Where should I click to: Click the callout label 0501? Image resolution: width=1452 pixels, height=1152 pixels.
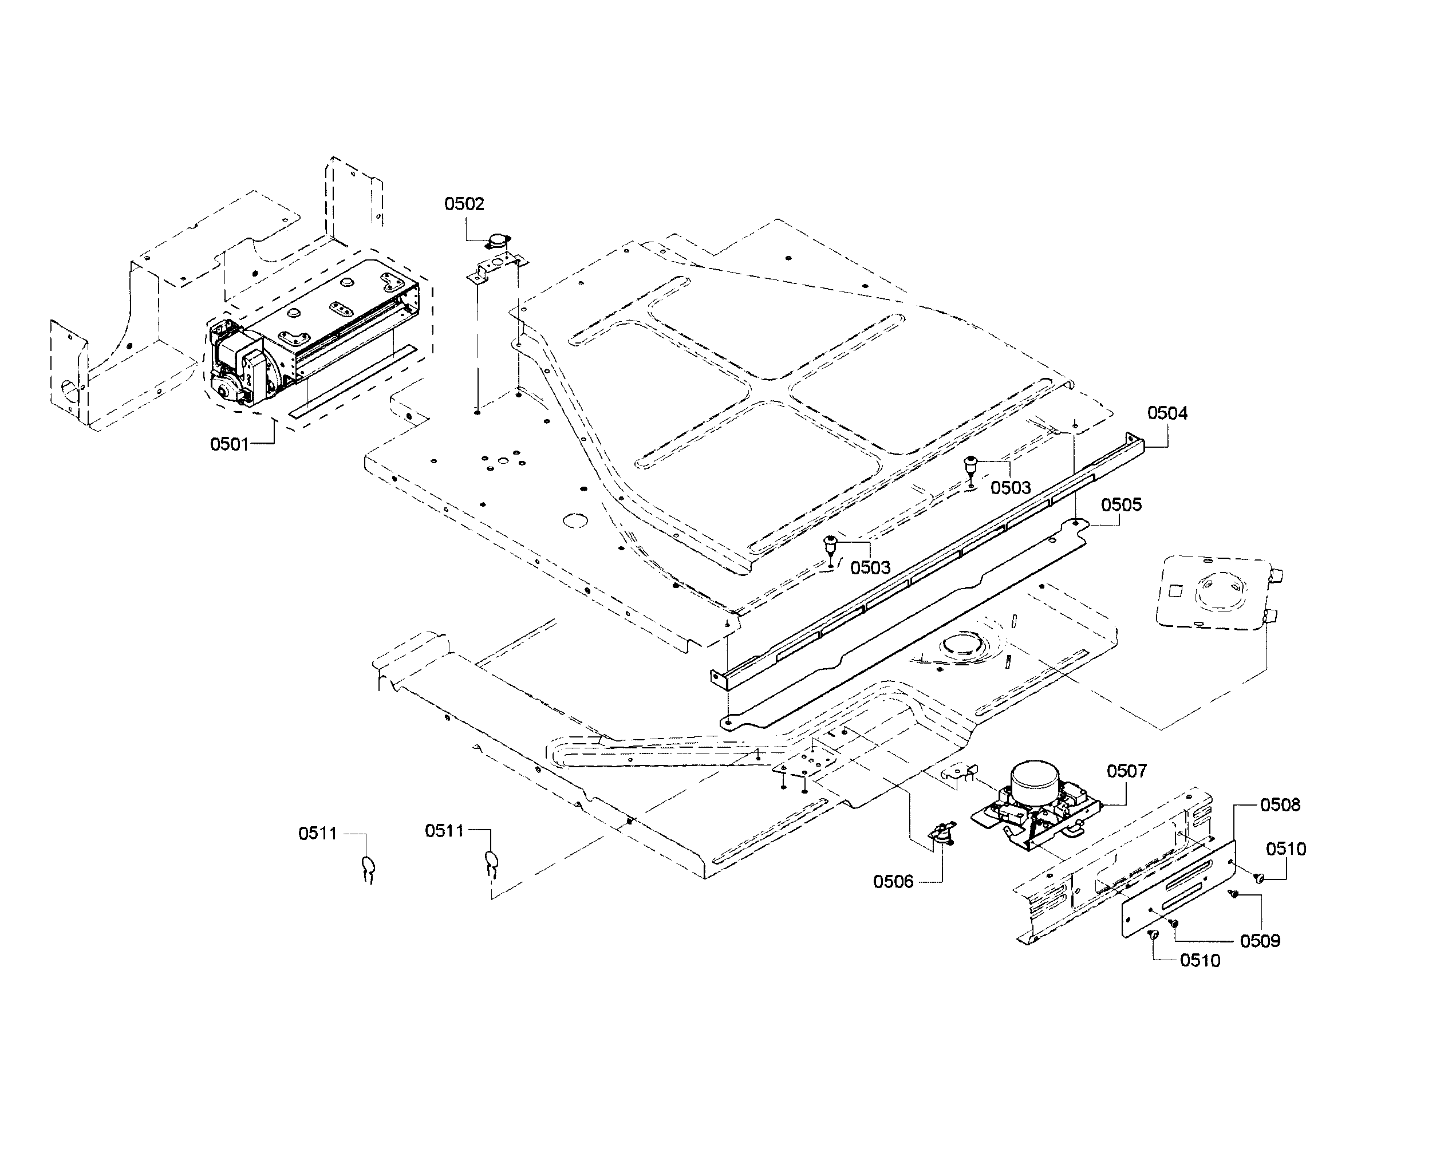229,444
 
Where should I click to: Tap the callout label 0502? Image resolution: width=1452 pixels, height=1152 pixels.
464,204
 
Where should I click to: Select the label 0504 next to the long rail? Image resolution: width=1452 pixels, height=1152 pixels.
1167,413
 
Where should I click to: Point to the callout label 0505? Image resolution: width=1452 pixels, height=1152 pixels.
1121,505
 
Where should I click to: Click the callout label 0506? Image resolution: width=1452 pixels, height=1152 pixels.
893,882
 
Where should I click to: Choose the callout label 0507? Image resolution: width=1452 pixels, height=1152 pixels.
1126,771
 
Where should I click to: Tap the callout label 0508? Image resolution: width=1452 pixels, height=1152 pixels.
1280,804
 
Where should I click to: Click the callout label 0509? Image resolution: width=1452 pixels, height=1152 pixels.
1260,941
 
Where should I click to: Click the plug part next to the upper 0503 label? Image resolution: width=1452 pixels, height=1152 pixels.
971,463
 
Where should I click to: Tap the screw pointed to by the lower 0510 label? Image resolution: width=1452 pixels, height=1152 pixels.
1153,934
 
